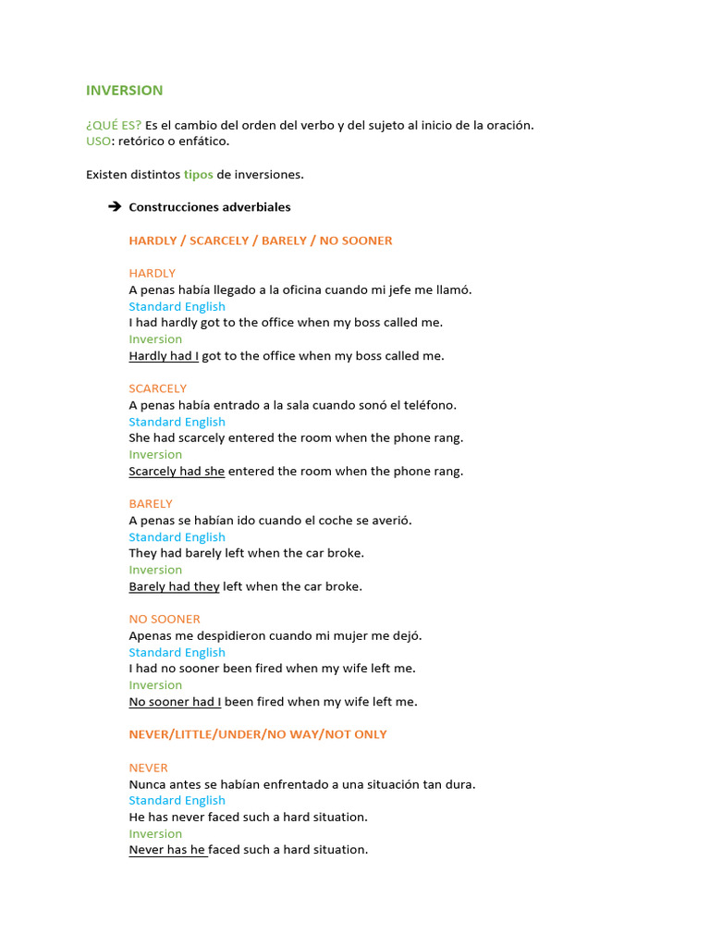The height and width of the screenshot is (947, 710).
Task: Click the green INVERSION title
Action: point(124,91)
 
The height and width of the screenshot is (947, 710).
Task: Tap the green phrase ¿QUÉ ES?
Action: point(114,125)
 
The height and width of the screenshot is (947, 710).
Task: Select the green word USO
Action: point(98,141)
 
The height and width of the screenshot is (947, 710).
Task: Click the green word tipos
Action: point(198,175)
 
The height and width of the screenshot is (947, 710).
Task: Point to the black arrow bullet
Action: point(115,207)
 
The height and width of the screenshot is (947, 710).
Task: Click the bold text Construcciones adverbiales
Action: point(209,207)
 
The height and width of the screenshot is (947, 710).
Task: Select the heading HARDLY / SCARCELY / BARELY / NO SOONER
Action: point(261,240)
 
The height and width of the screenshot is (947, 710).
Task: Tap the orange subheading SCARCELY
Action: point(157,388)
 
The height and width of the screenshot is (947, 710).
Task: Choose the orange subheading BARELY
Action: point(151,504)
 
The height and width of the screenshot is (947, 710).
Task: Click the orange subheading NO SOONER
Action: point(165,619)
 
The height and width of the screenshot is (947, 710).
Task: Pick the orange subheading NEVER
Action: point(148,768)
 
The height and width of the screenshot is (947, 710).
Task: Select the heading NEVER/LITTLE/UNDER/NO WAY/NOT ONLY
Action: point(258,734)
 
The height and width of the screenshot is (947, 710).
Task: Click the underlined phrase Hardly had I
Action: point(164,356)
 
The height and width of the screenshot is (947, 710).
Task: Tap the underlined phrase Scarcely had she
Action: point(177,471)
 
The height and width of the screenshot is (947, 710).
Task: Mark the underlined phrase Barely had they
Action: point(174,586)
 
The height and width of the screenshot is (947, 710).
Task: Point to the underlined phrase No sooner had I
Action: point(175,702)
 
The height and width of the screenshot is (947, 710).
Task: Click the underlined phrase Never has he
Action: point(167,850)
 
